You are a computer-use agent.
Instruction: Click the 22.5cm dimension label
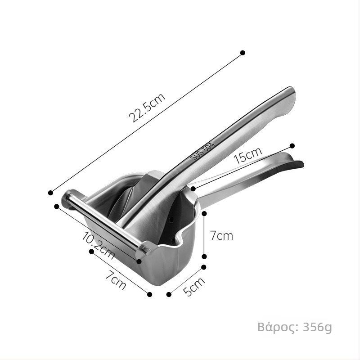point(147,108)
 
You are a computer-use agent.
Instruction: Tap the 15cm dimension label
point(248,155)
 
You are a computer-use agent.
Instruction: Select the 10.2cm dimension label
point(98,246)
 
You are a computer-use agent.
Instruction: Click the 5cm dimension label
point(194,287)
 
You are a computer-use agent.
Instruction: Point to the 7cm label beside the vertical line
point(221,236)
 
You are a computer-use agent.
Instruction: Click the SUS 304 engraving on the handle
point(202,151)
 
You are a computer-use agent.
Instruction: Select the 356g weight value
point(318,327)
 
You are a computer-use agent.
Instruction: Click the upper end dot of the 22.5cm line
point(243,53)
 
